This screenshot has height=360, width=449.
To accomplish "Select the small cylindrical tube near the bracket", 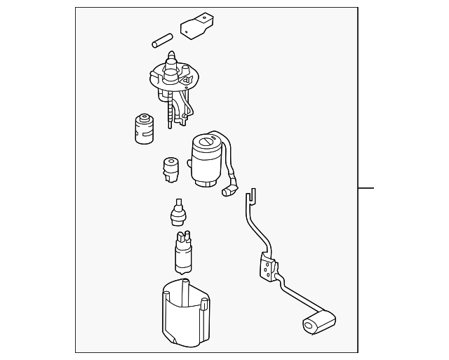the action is pyautogui.click(x=162, y=39).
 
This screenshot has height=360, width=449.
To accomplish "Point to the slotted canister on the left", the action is pyautogui.click(x=144, y=128).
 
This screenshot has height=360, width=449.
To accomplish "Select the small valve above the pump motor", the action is pyautogui.click(x=178, y=212).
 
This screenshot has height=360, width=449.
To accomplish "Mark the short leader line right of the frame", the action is pyautogui.click(x=367, y=188).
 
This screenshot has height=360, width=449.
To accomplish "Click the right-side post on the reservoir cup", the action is pyautogui.click(x=204, y=305).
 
